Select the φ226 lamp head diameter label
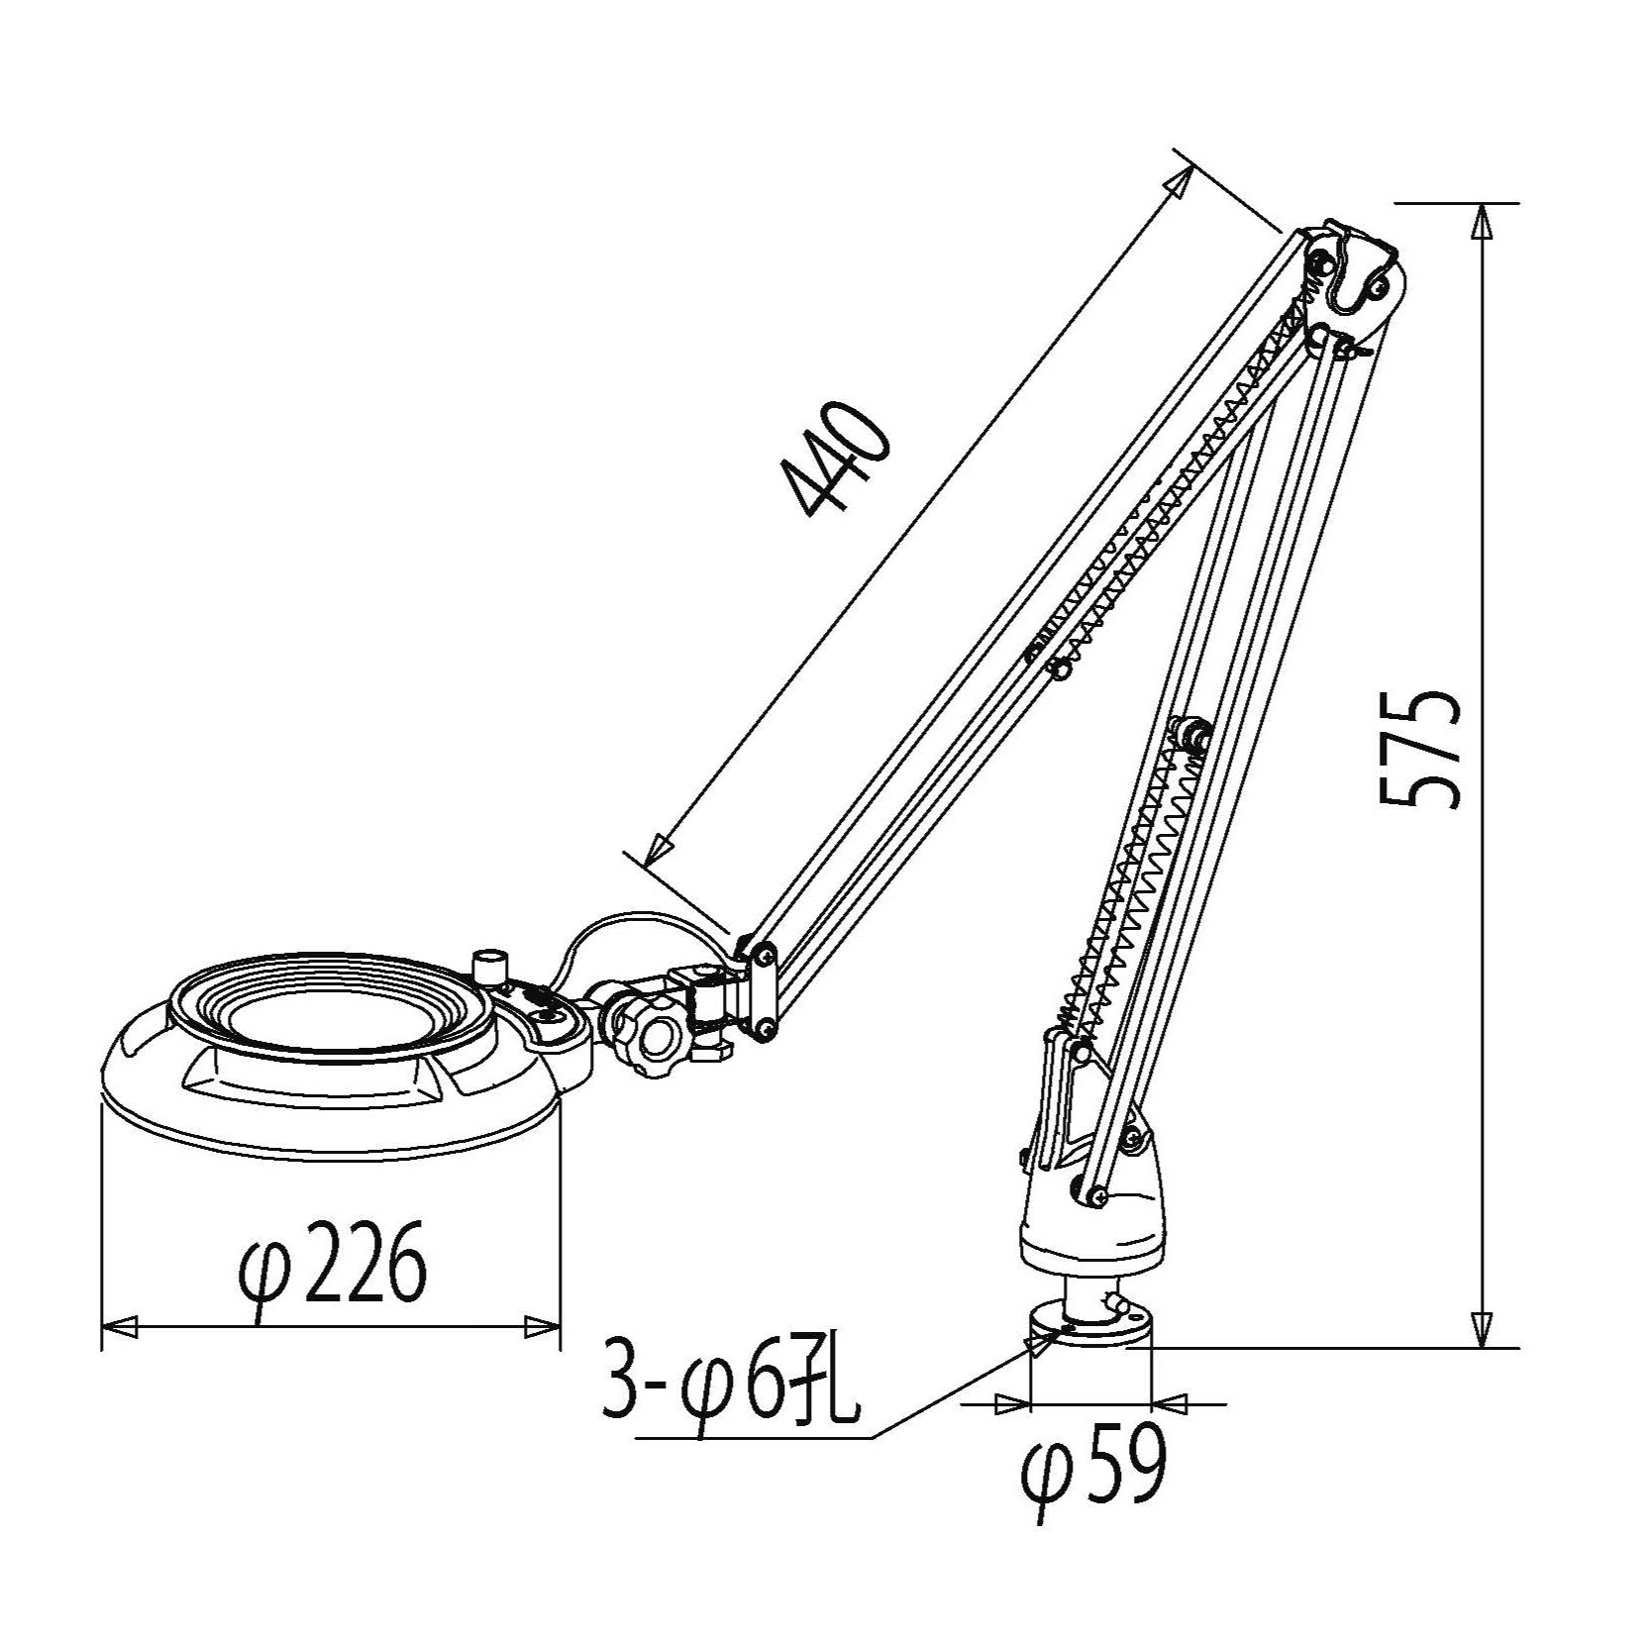[x=333, y=1265]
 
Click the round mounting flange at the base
[x=1090, y=1325]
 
